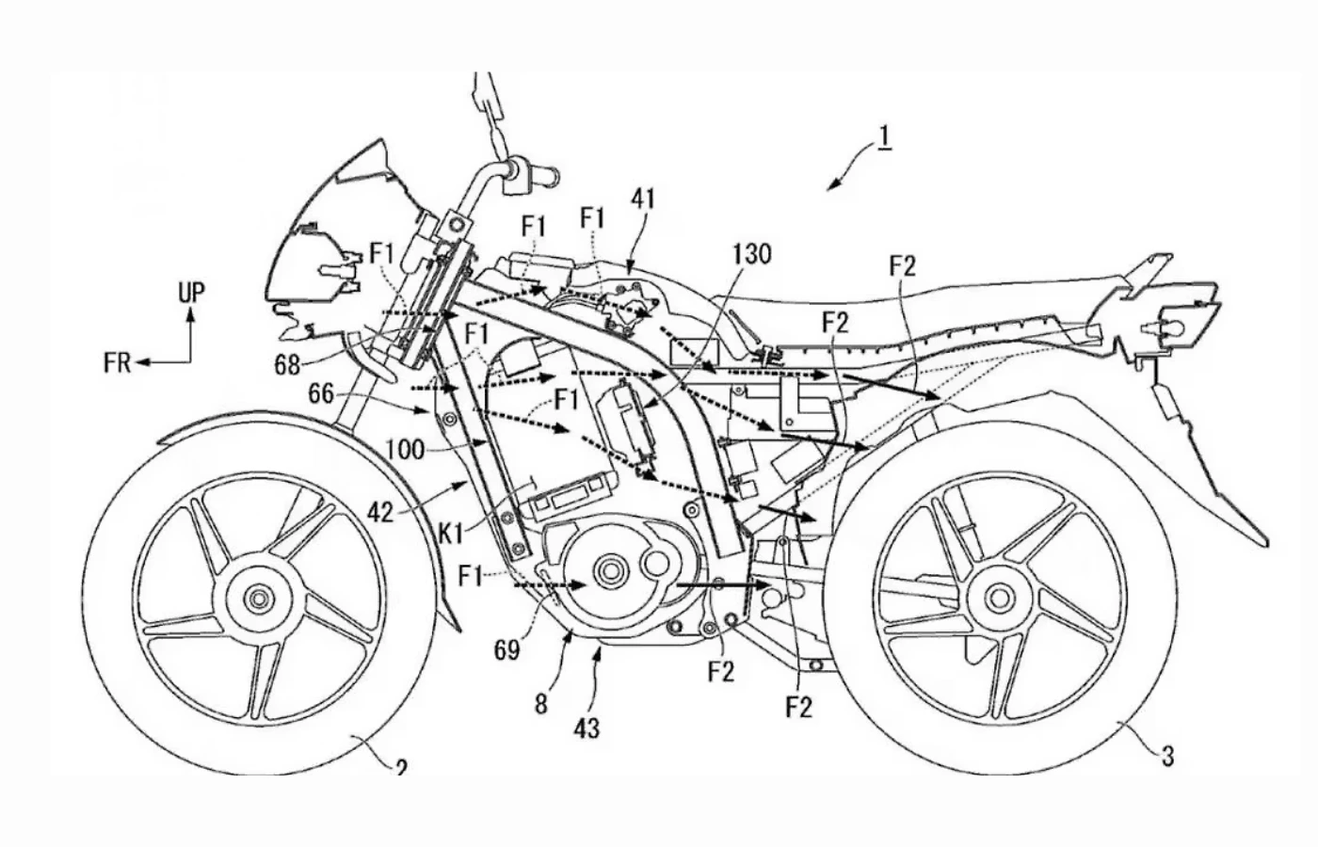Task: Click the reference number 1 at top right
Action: coord(884,137)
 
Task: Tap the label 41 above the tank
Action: coord(644,199)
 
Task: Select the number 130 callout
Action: coord(749,254)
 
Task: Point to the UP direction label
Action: coord(191,293)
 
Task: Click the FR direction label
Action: coord(118,362)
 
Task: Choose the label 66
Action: coord(321,393)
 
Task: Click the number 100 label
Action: coord(405,449)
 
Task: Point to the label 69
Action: coord(507,649)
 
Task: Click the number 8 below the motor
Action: coord(541,703)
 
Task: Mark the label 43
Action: coord(587,727)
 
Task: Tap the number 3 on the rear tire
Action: coord(1167,755)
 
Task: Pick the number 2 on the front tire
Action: coord(401,768)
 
